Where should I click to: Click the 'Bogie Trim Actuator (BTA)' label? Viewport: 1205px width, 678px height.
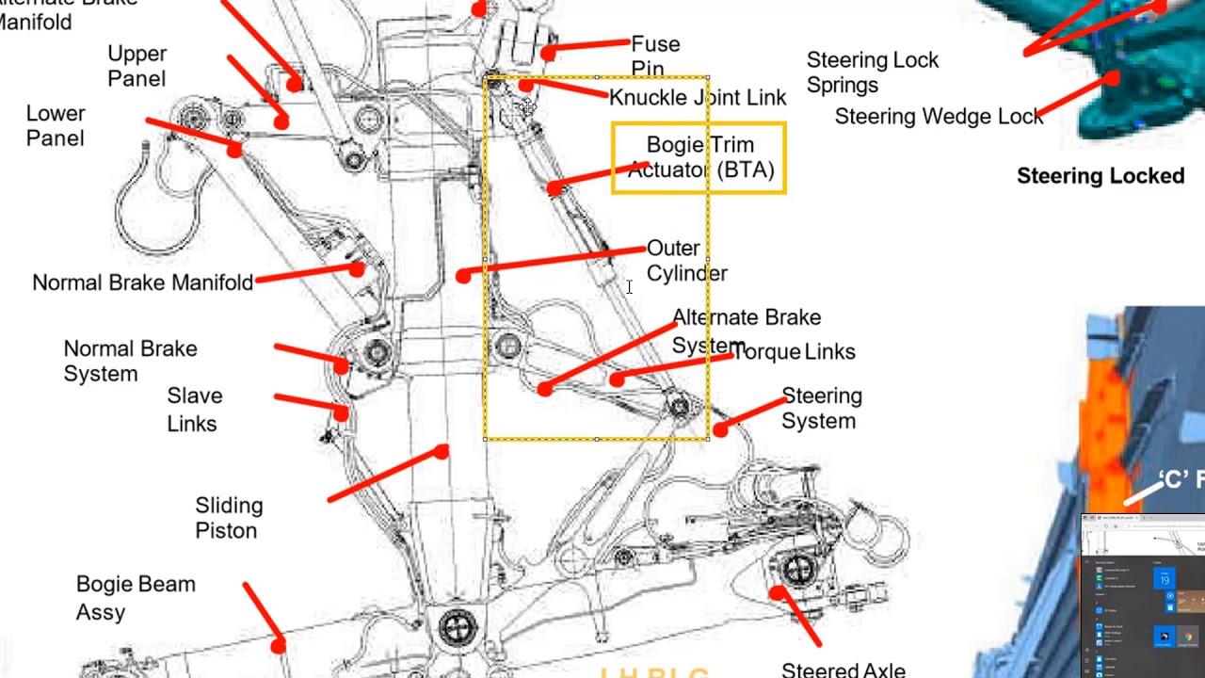[700, 157]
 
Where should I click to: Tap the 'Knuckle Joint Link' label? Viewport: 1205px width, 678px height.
[697, 98]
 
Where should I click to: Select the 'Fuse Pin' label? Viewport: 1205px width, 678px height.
[654, 56]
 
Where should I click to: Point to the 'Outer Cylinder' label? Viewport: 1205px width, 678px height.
[686, 261]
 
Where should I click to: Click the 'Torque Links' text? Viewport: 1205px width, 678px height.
[795, 352]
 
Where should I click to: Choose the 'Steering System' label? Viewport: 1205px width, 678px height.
[821, 409]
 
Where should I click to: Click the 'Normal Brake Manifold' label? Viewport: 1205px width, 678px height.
[142, 282]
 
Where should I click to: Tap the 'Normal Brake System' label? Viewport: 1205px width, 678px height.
[130, 361]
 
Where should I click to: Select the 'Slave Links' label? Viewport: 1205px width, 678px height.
[194, 410]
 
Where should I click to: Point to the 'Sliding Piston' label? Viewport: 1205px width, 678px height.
[229, 518]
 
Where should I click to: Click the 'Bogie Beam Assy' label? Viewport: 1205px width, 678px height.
[136, 598]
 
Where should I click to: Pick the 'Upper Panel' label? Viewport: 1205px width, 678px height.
[137, 66]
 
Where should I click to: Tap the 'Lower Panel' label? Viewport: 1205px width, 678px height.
[56, 125]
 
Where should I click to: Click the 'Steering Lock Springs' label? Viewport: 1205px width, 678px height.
[872, 73]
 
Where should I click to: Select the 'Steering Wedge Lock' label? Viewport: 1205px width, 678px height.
[938, 117]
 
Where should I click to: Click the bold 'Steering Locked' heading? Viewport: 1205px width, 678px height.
[1100, 176]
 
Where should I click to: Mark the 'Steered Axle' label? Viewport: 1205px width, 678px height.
[843, 670]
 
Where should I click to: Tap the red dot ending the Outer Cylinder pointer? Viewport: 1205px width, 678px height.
[462, 276]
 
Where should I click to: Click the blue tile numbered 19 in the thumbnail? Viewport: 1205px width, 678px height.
[1164, 579]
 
